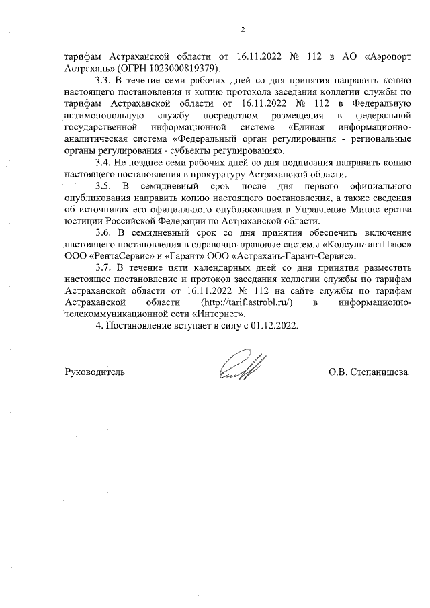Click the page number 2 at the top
pyautogui.click(x=243, y=28)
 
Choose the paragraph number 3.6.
pyautogui.click(x=105, y=232)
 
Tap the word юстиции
pyautogui.click(x=85, y=220)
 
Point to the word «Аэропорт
pyautogui.click(x=382, y=56)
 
